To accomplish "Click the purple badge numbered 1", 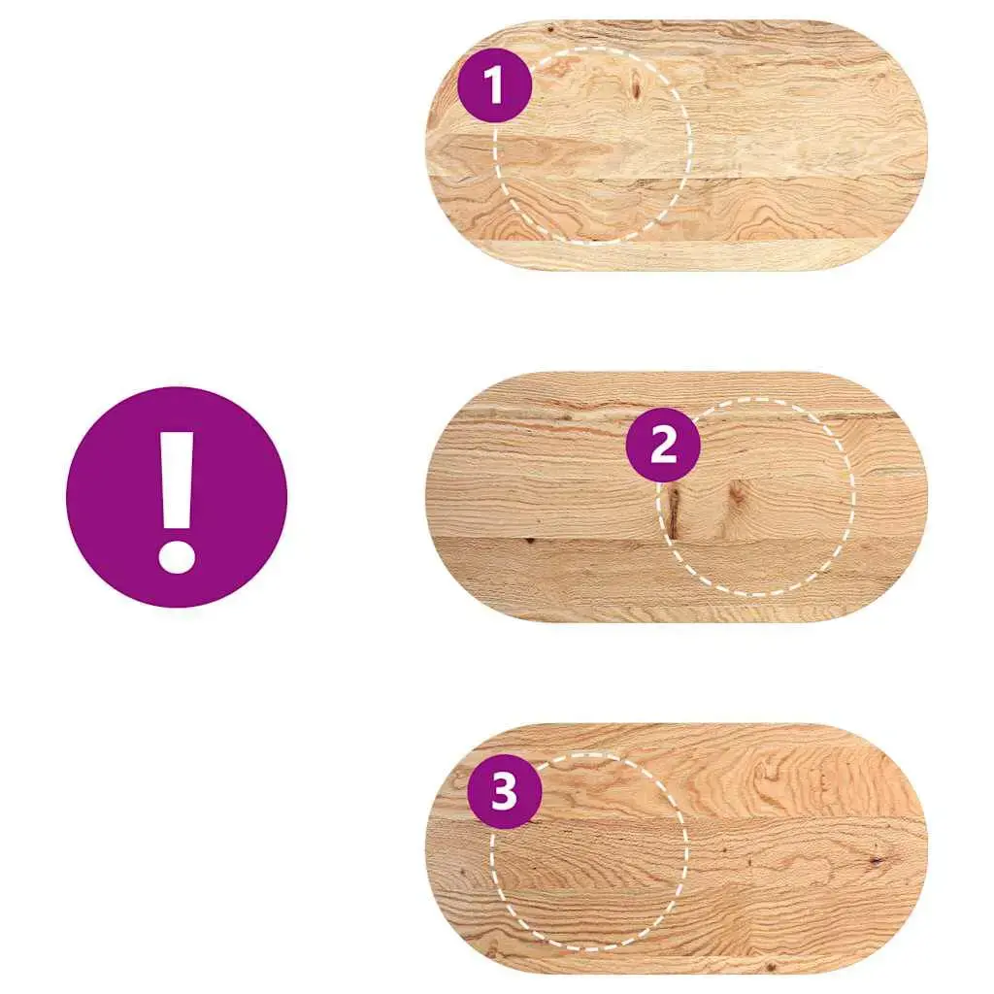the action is [x=494, y=85].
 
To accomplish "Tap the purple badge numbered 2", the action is [x=663, y=445].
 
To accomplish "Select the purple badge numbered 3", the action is [x=505, y=791].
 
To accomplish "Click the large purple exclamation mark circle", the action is [x=177, y=497].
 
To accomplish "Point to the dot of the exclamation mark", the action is [x=177, y=555].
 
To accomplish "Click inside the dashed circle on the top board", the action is [x=592, y=145].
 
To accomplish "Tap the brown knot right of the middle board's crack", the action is [x=737, y=494].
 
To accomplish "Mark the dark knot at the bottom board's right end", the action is [x=877, y=860].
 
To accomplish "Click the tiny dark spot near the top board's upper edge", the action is [x=549, y=29].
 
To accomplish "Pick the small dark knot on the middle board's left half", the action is [x=529, y=541].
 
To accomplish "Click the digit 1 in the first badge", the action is [x=494, y=85].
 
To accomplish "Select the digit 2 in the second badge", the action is [x=664, y=445].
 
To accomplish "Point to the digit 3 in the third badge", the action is [x=505, y=791].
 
